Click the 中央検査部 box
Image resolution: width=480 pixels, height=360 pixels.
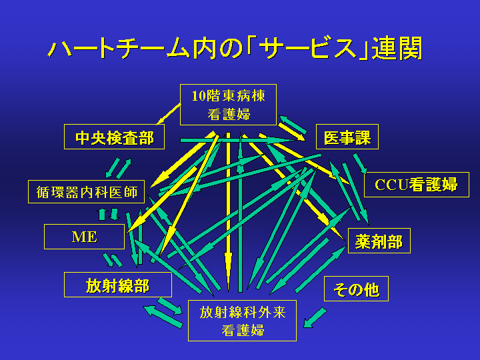tap(114, 137)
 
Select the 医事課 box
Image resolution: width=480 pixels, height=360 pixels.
tap(347, 137)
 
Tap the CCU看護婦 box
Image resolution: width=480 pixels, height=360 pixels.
tap(416, 185)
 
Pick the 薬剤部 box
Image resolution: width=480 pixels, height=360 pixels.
tap(379, 241)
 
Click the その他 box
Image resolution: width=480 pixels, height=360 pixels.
tap(356, 289)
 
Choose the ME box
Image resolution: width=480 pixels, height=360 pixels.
tap(84, 237)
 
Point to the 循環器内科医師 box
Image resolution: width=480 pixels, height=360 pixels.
tap(86, 191)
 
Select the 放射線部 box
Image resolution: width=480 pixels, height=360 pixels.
tap(118, 285)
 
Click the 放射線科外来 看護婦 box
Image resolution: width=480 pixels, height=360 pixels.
tap(242, 321)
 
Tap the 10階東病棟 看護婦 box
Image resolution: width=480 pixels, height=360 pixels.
tap(229, 105)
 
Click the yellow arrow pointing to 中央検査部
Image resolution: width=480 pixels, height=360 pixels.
tap(169, 114)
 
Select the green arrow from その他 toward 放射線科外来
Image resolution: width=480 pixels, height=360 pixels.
tap(315, 318)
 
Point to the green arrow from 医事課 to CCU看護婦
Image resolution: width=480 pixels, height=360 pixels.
tap(360, 163)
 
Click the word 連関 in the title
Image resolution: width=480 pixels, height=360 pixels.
tap(397, 49)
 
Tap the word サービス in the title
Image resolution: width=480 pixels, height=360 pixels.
tap(308, 49)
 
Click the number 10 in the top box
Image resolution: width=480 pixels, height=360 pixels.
tap(199, 96)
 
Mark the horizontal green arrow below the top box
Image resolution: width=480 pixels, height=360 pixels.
tap(239, 140)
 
